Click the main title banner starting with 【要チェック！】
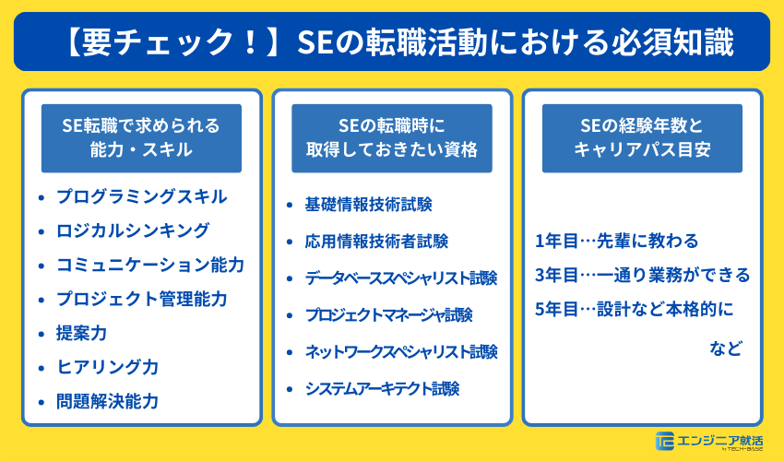click(392, 41)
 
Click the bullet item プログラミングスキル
click(141, 196)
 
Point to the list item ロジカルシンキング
click(133, 230)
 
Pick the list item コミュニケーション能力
click(150, 265)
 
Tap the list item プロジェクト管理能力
click(141, 299)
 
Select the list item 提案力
click(81, 333)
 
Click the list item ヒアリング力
click(107, 367)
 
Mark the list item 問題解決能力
click(107, 401)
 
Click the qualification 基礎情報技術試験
click(368, 205)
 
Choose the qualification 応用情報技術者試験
click(376, 242)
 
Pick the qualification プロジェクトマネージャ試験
click(388, 315)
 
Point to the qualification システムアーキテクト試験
click(382, 389)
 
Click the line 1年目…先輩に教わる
click(616, 242)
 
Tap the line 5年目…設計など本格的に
click(632, 308)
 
